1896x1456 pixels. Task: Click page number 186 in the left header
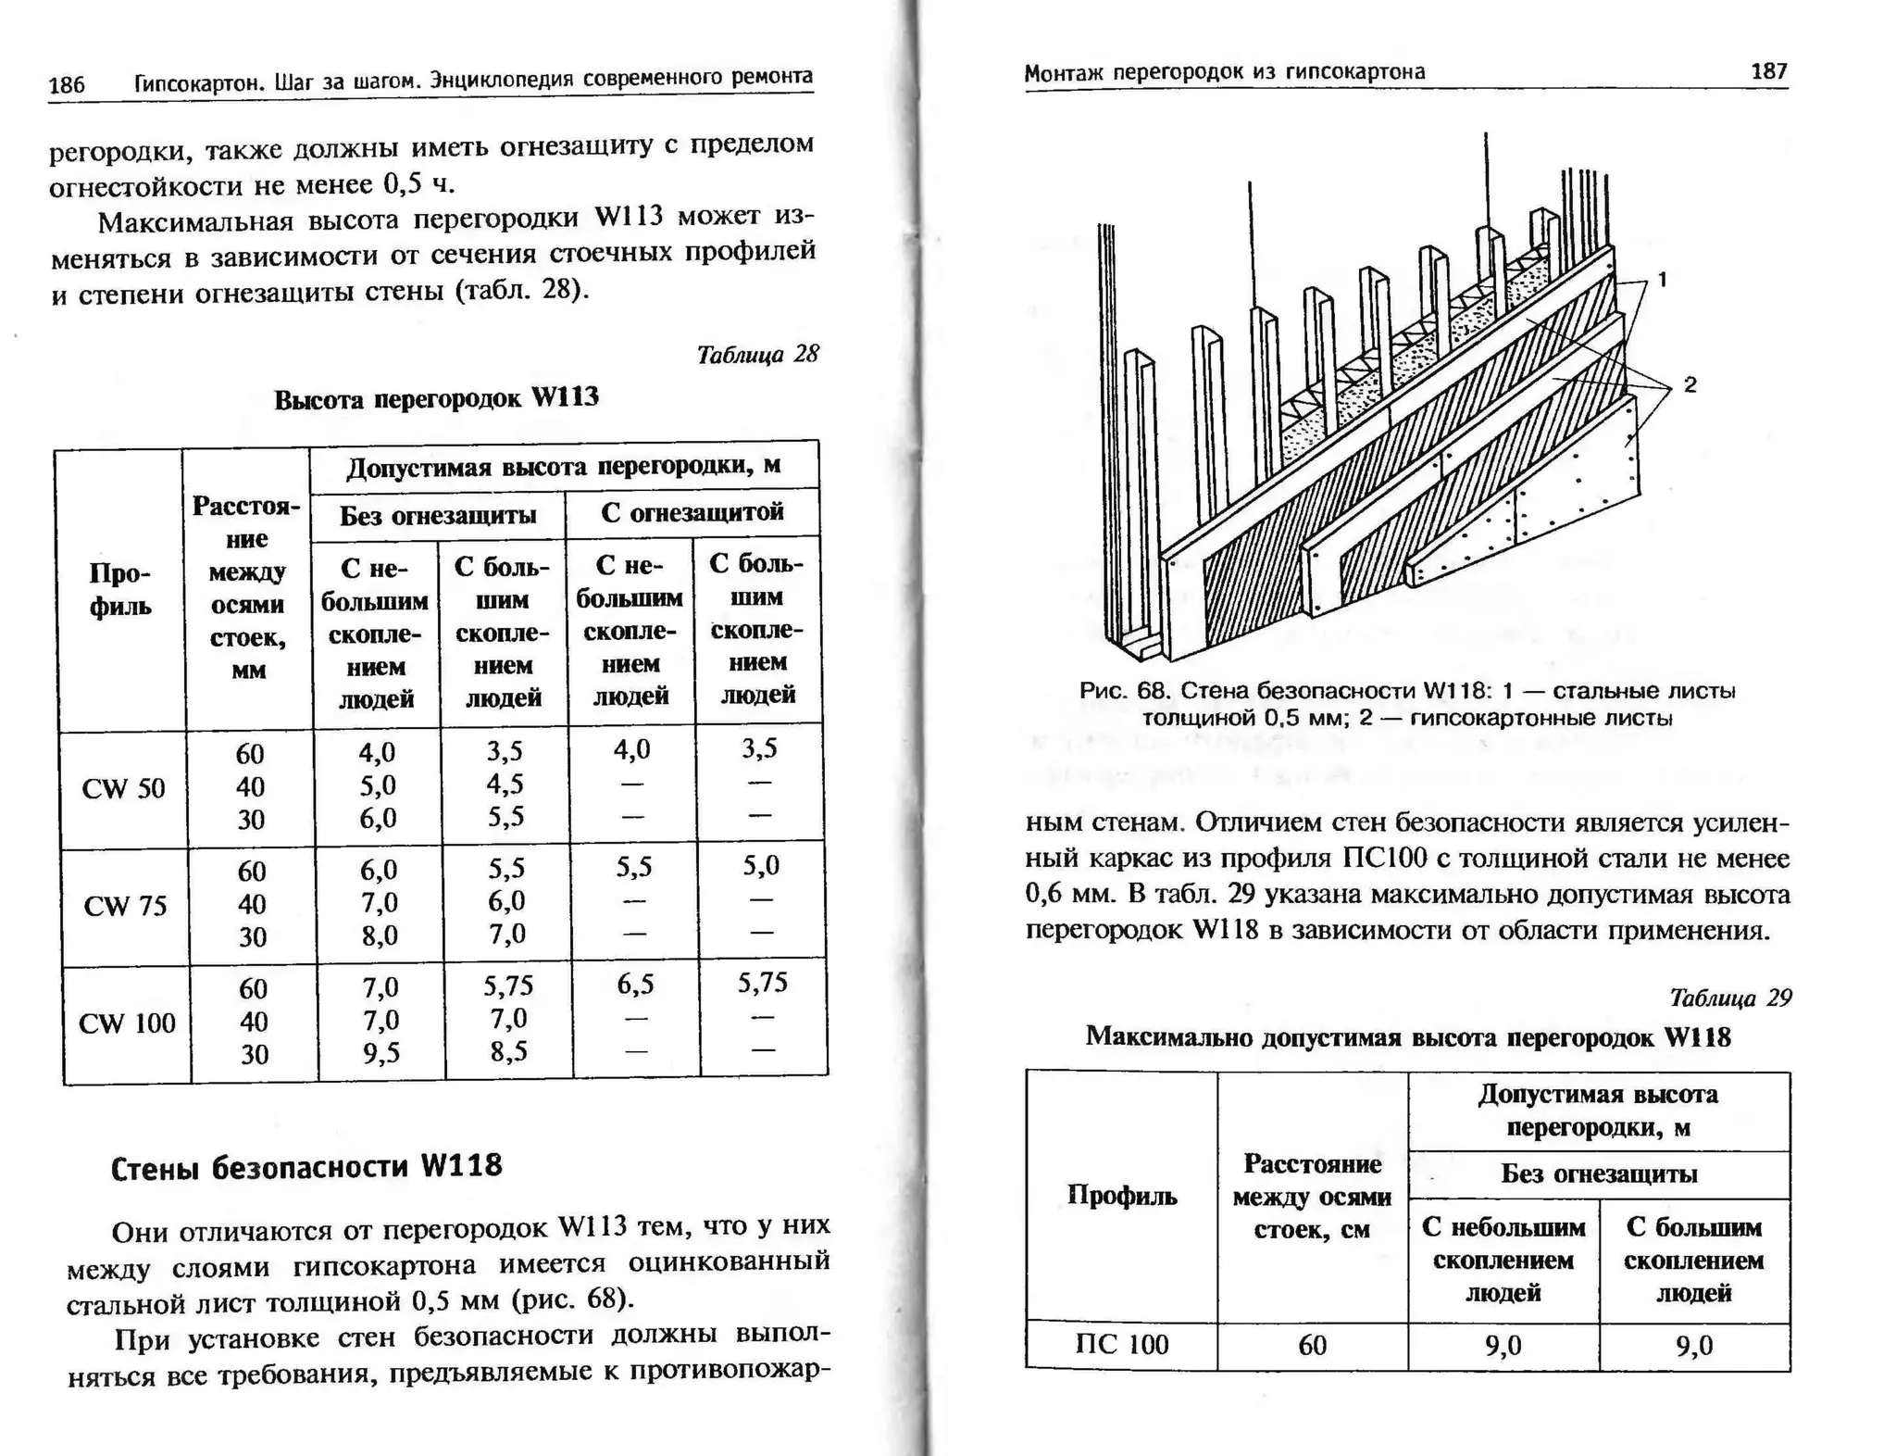click(66, 85)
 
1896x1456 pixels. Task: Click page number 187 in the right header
click(1768, 71)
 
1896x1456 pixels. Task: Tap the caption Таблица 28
click(757, 355)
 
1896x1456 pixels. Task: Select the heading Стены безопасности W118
click(306, 1166)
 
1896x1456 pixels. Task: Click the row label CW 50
click(123, 788)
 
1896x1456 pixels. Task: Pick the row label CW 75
click(125, 905)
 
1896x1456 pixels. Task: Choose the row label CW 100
click(127, 1023)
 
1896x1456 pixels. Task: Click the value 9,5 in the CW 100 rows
click(380, 1053)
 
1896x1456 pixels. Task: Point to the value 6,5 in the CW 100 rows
click(635, 985)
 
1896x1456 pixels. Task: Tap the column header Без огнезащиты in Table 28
click(437, 515)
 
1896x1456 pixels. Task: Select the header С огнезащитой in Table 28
click(692, 512)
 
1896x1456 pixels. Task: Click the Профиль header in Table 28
click(120, 590)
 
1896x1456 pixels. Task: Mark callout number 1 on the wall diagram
click(1663, 279)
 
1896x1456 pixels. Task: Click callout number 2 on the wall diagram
click(1690, 384)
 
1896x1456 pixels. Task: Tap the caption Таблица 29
click(1729, 998)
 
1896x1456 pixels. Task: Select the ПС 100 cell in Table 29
click(1122, 1345)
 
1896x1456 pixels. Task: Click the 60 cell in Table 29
click(1312, 1345)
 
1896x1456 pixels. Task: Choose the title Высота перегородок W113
click(436, 398)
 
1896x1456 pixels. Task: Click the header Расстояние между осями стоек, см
click(1312, 1197)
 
